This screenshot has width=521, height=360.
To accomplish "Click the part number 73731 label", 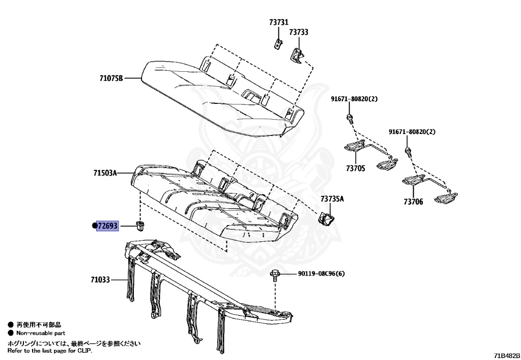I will (x=278, y=22).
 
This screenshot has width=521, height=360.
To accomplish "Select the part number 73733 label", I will (x=299, y=32).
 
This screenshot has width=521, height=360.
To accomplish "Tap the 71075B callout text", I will (x=111, y=78).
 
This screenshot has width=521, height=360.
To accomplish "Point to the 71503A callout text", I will (x=105, y=173).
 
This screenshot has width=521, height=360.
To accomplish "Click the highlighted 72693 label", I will (x=107, y=226).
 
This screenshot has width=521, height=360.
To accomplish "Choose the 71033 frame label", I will (x=100, y=280).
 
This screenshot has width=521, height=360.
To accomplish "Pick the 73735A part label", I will (x=332, y=200).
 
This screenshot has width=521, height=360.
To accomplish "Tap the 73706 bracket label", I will (x=413, y=202).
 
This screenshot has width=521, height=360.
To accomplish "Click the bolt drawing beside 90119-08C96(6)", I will (x=275, y=275).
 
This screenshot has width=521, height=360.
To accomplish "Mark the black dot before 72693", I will (x=94, y=226).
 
